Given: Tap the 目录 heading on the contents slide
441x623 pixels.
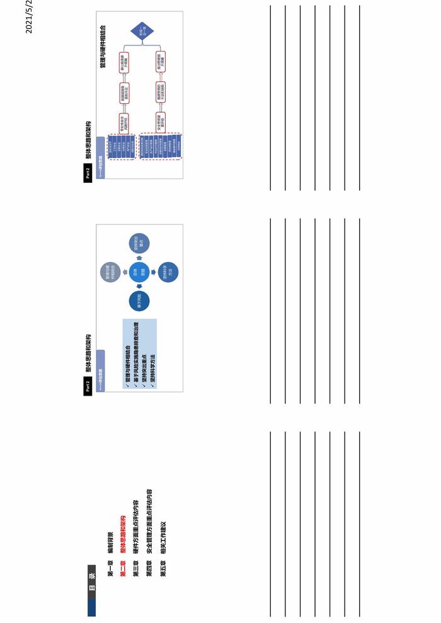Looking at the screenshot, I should coord(91,576).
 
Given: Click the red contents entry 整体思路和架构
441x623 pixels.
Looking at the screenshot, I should coord(123,539).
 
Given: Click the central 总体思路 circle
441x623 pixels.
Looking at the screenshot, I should coord(139,273).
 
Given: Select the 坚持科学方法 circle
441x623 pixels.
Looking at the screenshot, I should coord(168,273).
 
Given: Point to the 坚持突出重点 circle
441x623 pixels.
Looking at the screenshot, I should coord(139,244).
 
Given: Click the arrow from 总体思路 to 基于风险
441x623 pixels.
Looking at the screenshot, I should coord(139,288).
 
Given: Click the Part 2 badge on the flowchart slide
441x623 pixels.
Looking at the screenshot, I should coord(88,173).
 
